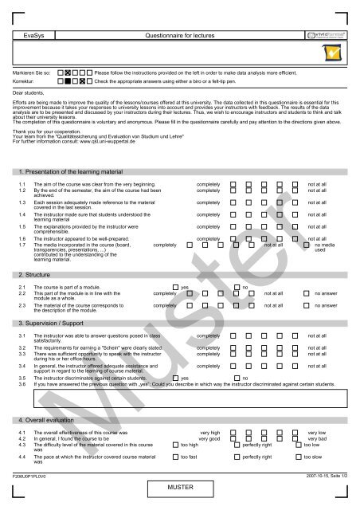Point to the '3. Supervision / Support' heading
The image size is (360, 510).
(53, 324)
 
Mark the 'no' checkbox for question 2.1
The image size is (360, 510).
(237, 286)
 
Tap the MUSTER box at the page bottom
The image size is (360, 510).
(180, 488)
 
